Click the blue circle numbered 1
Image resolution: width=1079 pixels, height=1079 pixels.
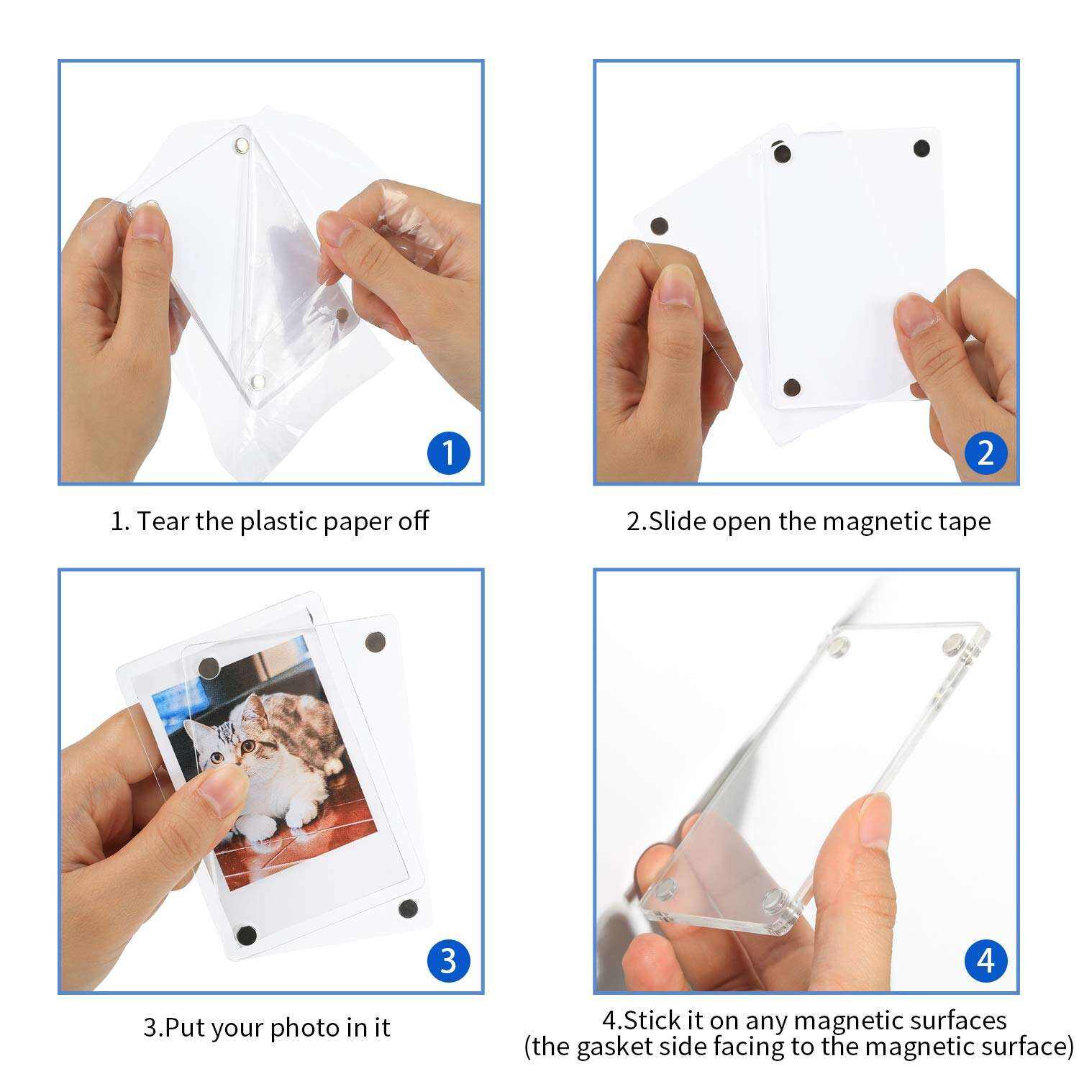point(447,453)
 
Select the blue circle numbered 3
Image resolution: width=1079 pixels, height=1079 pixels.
point(447,961)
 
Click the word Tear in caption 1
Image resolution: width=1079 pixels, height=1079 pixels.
point(163,521)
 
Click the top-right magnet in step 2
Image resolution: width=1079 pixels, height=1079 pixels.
point(921,149)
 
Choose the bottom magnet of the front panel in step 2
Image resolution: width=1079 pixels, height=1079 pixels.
point(791,387)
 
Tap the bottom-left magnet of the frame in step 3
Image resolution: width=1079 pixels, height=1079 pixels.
point(247,936)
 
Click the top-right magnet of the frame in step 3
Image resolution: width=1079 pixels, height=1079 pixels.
point(375,642)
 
